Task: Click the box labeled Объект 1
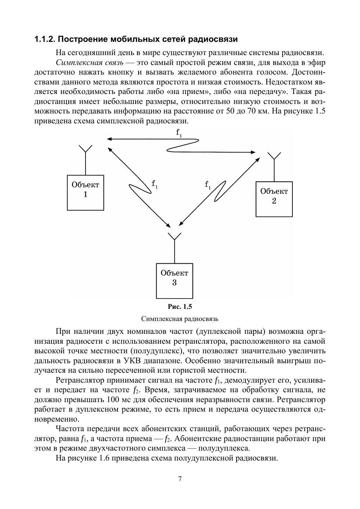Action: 86,192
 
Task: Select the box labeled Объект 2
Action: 274,199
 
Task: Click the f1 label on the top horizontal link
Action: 179,133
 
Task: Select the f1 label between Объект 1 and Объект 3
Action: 155,184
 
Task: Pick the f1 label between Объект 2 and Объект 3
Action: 208,185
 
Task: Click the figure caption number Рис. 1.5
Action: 180,307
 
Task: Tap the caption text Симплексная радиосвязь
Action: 180,318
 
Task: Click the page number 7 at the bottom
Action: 180,479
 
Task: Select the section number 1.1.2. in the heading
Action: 45,39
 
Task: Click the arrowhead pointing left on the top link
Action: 109,139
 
